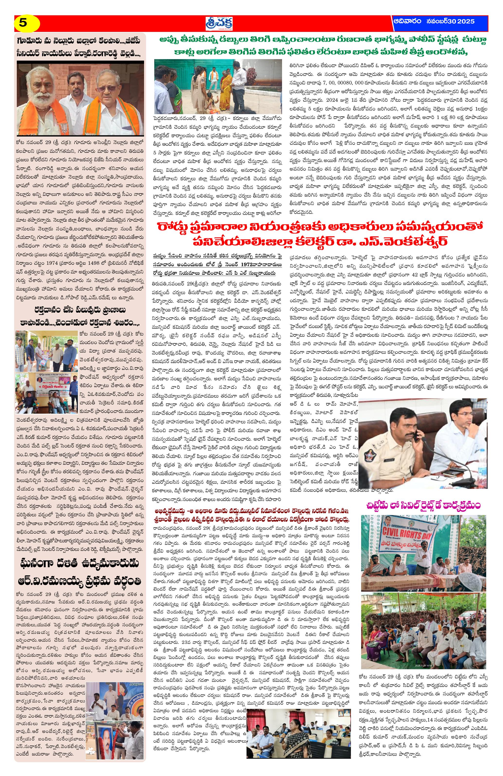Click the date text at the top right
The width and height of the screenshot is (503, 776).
click(x=434, y=21)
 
